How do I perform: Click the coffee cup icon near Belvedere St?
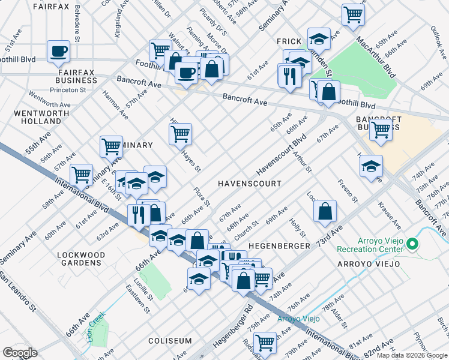58,52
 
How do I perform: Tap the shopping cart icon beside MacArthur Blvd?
354,14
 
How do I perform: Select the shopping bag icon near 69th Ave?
325,211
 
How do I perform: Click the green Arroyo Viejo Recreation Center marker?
412,244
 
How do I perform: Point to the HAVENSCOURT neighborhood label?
249,183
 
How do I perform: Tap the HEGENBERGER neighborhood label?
279,246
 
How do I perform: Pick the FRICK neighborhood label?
288,41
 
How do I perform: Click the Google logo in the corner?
19,352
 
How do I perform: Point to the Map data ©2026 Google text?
411,355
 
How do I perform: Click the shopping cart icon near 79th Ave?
264,343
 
